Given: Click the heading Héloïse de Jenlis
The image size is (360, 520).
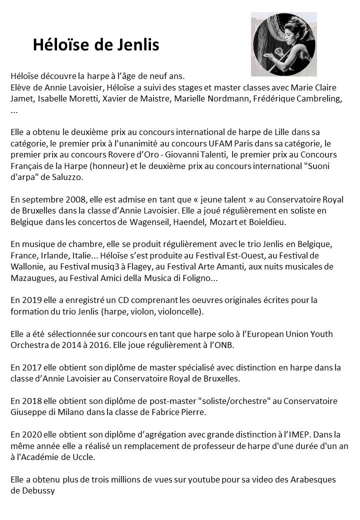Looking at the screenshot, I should [96, 45].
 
